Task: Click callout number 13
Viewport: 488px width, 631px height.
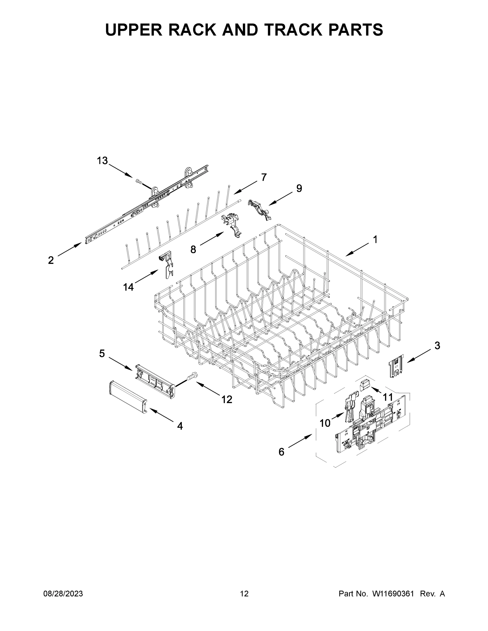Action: tap(102, 161)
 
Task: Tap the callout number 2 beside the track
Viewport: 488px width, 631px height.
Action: tap(51, 260)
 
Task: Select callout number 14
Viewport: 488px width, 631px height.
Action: tap(128, 287)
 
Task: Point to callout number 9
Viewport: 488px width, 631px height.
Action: tap(299, 188)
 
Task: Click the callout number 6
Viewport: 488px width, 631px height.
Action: tap(281, 452)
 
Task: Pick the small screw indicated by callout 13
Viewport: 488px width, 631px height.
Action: tap(138, 182)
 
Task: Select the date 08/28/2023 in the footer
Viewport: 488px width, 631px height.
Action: tap(63, 594)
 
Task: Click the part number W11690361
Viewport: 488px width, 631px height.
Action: tap(393, 594)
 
